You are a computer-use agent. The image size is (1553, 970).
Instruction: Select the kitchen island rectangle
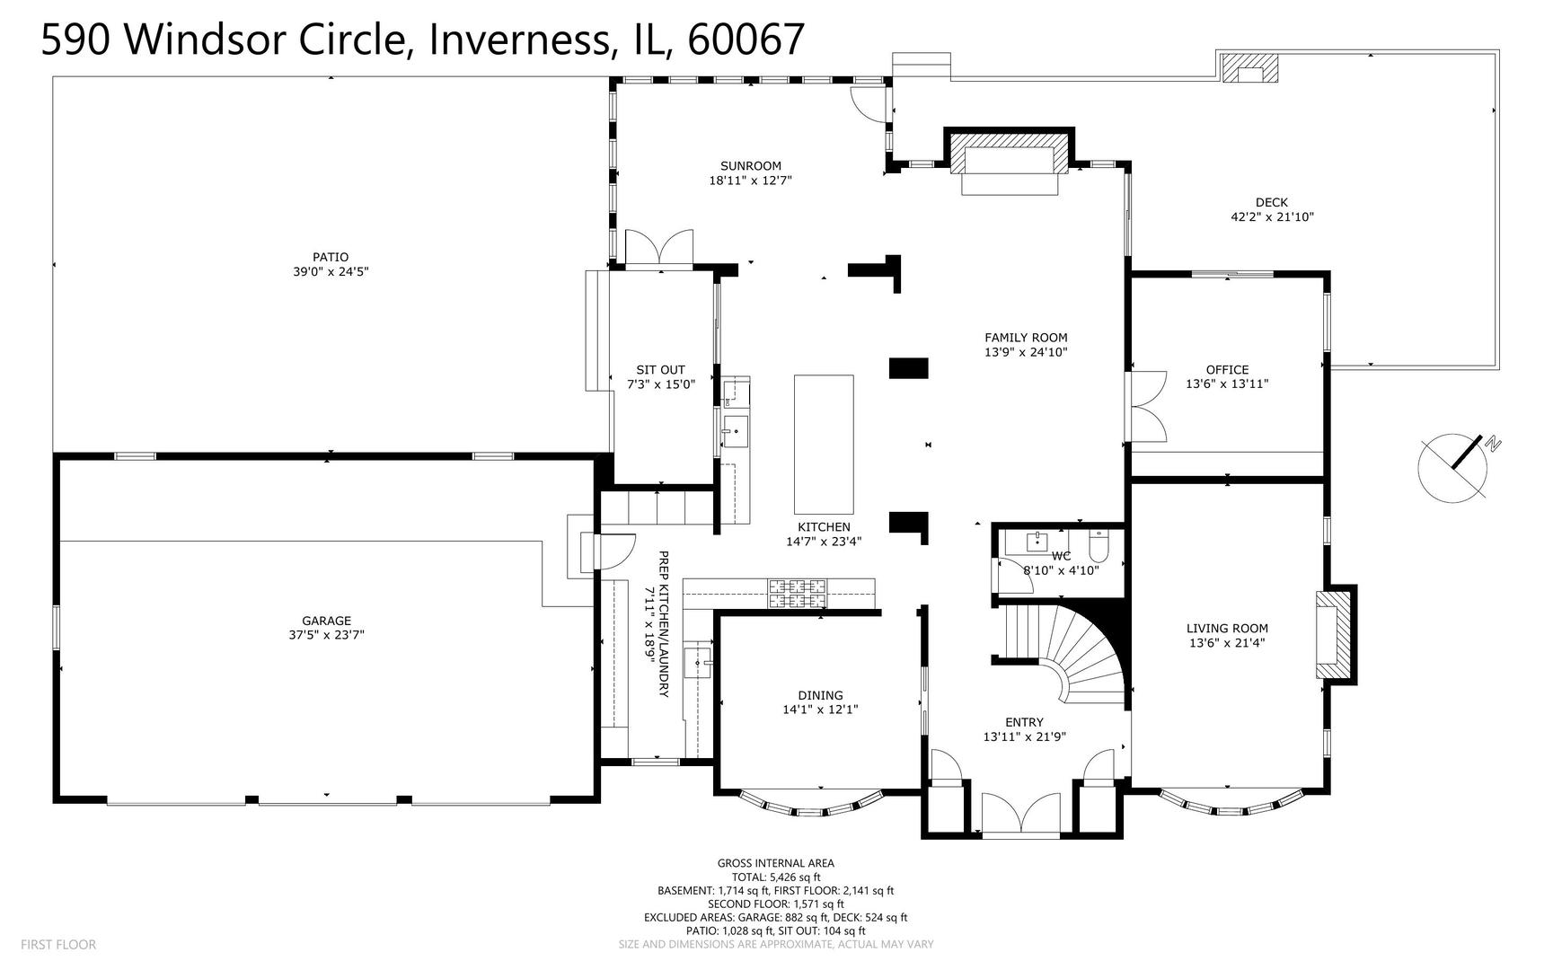(x=823, y=444)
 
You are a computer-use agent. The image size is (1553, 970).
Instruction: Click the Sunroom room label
(x=750, y=166)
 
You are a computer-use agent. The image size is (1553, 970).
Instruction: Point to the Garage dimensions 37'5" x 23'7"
(x=326, y=635)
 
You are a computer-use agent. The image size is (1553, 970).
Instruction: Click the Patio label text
(x=331, y=257)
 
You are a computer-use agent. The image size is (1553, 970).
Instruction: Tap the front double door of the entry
(x=1021, y=816)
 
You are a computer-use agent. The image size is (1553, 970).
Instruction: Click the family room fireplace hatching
(x=1010, y=158)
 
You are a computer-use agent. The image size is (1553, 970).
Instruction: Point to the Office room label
(x=1227, y=369)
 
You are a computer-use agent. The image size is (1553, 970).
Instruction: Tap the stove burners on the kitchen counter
(x=796, y=593)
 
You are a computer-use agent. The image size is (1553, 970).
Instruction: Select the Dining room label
(x=820, y=695)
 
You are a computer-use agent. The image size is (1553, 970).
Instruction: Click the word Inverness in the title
(x=520, y=40)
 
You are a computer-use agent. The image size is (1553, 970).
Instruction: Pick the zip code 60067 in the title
(x=745, y=40)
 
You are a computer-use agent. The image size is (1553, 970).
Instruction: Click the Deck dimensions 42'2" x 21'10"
(x=1272, y=216)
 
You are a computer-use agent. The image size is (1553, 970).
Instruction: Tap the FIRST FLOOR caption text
(x=58, y=945)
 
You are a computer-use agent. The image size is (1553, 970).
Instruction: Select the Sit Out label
(x=660, y=369)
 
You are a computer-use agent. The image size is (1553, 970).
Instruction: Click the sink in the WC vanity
(x=1038, y=542)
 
